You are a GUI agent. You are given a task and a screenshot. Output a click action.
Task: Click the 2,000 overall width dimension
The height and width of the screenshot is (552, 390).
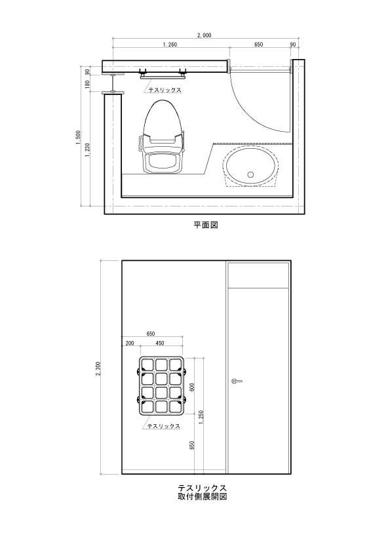coord(204,35)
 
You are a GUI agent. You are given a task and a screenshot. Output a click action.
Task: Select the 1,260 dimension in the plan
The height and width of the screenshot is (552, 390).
coord(170,45)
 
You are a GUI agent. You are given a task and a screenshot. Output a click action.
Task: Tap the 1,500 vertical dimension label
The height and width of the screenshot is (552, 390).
coord(78,137)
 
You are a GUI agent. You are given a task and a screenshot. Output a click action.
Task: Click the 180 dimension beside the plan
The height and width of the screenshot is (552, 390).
coord(87,84)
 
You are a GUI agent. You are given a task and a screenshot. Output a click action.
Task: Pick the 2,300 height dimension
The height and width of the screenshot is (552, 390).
coord(98,368)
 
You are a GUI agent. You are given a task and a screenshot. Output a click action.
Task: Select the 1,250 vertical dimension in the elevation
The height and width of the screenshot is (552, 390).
coord(201,418)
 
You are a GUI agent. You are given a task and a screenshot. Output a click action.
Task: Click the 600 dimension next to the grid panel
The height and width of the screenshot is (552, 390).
coord(192,387)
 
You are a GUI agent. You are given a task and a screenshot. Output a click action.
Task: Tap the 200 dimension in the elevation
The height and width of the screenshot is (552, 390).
coord(130,344)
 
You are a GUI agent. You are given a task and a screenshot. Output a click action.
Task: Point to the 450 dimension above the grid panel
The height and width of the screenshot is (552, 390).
coord(159,344)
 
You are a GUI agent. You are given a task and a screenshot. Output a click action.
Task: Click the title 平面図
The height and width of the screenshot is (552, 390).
coord(206,225)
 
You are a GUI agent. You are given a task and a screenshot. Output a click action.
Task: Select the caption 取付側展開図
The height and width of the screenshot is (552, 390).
coord(202,496)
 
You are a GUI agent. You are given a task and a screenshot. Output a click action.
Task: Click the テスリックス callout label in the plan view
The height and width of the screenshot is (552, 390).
coord(165,90)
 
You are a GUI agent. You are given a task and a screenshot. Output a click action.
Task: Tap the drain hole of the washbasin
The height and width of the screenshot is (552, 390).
coord(250,174)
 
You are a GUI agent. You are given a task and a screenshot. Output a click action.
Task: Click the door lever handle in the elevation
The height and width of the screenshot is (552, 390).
coord(237,381)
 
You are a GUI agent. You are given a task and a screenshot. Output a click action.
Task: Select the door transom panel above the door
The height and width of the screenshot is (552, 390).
coord(259,275)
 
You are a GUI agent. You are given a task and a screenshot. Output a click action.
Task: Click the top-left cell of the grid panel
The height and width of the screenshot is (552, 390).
coord(147,365)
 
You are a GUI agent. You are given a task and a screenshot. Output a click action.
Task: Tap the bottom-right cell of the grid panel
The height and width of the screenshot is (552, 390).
coord(176,406)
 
